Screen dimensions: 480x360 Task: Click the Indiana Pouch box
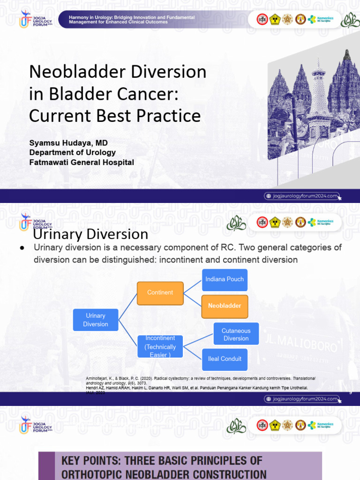point(225,279)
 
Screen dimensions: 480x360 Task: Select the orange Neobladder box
point(225,306)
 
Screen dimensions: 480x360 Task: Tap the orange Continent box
point(160,293)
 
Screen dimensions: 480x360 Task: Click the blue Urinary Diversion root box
point(96,320)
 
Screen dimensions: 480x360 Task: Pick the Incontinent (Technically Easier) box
point(160,347)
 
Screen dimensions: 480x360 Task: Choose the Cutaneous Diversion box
point(236,334)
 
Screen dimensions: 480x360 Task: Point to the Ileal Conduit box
point(225,359)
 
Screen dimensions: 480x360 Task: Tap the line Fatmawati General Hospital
point(82,163)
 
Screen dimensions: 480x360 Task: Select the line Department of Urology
point(72,152)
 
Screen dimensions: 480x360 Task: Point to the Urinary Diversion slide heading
point(91,234)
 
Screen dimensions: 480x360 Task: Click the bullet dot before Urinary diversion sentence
point(22,247)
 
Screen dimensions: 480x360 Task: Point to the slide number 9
point(350,392)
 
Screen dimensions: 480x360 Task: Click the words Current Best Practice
point(115,116)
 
